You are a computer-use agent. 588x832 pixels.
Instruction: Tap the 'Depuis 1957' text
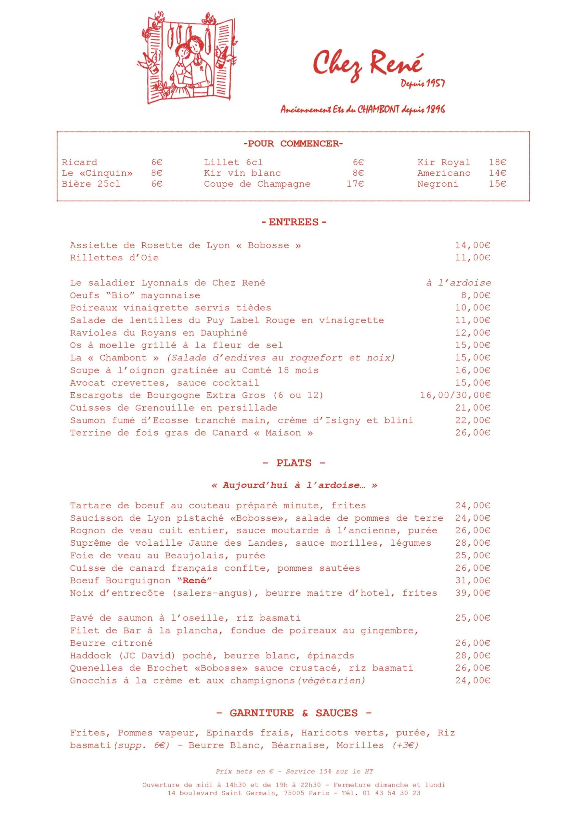click(x=423, y=84)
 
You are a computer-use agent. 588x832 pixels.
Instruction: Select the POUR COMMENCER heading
click(x=293, y=144)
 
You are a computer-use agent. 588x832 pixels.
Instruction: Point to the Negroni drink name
click(x=438, y=184)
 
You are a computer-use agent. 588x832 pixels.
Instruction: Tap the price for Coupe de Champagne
click(x=355, y=184)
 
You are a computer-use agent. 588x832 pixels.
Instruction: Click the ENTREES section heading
click(x=294, y=222)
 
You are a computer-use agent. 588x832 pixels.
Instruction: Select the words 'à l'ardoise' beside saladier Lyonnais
click(x=459, y=283)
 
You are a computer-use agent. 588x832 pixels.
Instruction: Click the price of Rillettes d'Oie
click(x=473, y=258)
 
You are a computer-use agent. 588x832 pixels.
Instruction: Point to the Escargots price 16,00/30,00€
click(x=455, y=395)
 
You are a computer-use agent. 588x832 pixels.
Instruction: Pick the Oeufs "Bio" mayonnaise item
click(x=135, y=296)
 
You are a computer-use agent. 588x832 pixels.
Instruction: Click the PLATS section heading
click(x=294, y=463)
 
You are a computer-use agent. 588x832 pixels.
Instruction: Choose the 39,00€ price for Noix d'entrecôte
click(x=473, y=593)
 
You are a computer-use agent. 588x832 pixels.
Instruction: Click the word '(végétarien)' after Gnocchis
click(x=331, y=681)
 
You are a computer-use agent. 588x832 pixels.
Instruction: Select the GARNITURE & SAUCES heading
click(x=294, y=713)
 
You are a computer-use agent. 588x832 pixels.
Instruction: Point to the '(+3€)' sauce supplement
click(x=405, y=746)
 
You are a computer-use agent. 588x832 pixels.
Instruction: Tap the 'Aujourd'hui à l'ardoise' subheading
click(x=294, y=485)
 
